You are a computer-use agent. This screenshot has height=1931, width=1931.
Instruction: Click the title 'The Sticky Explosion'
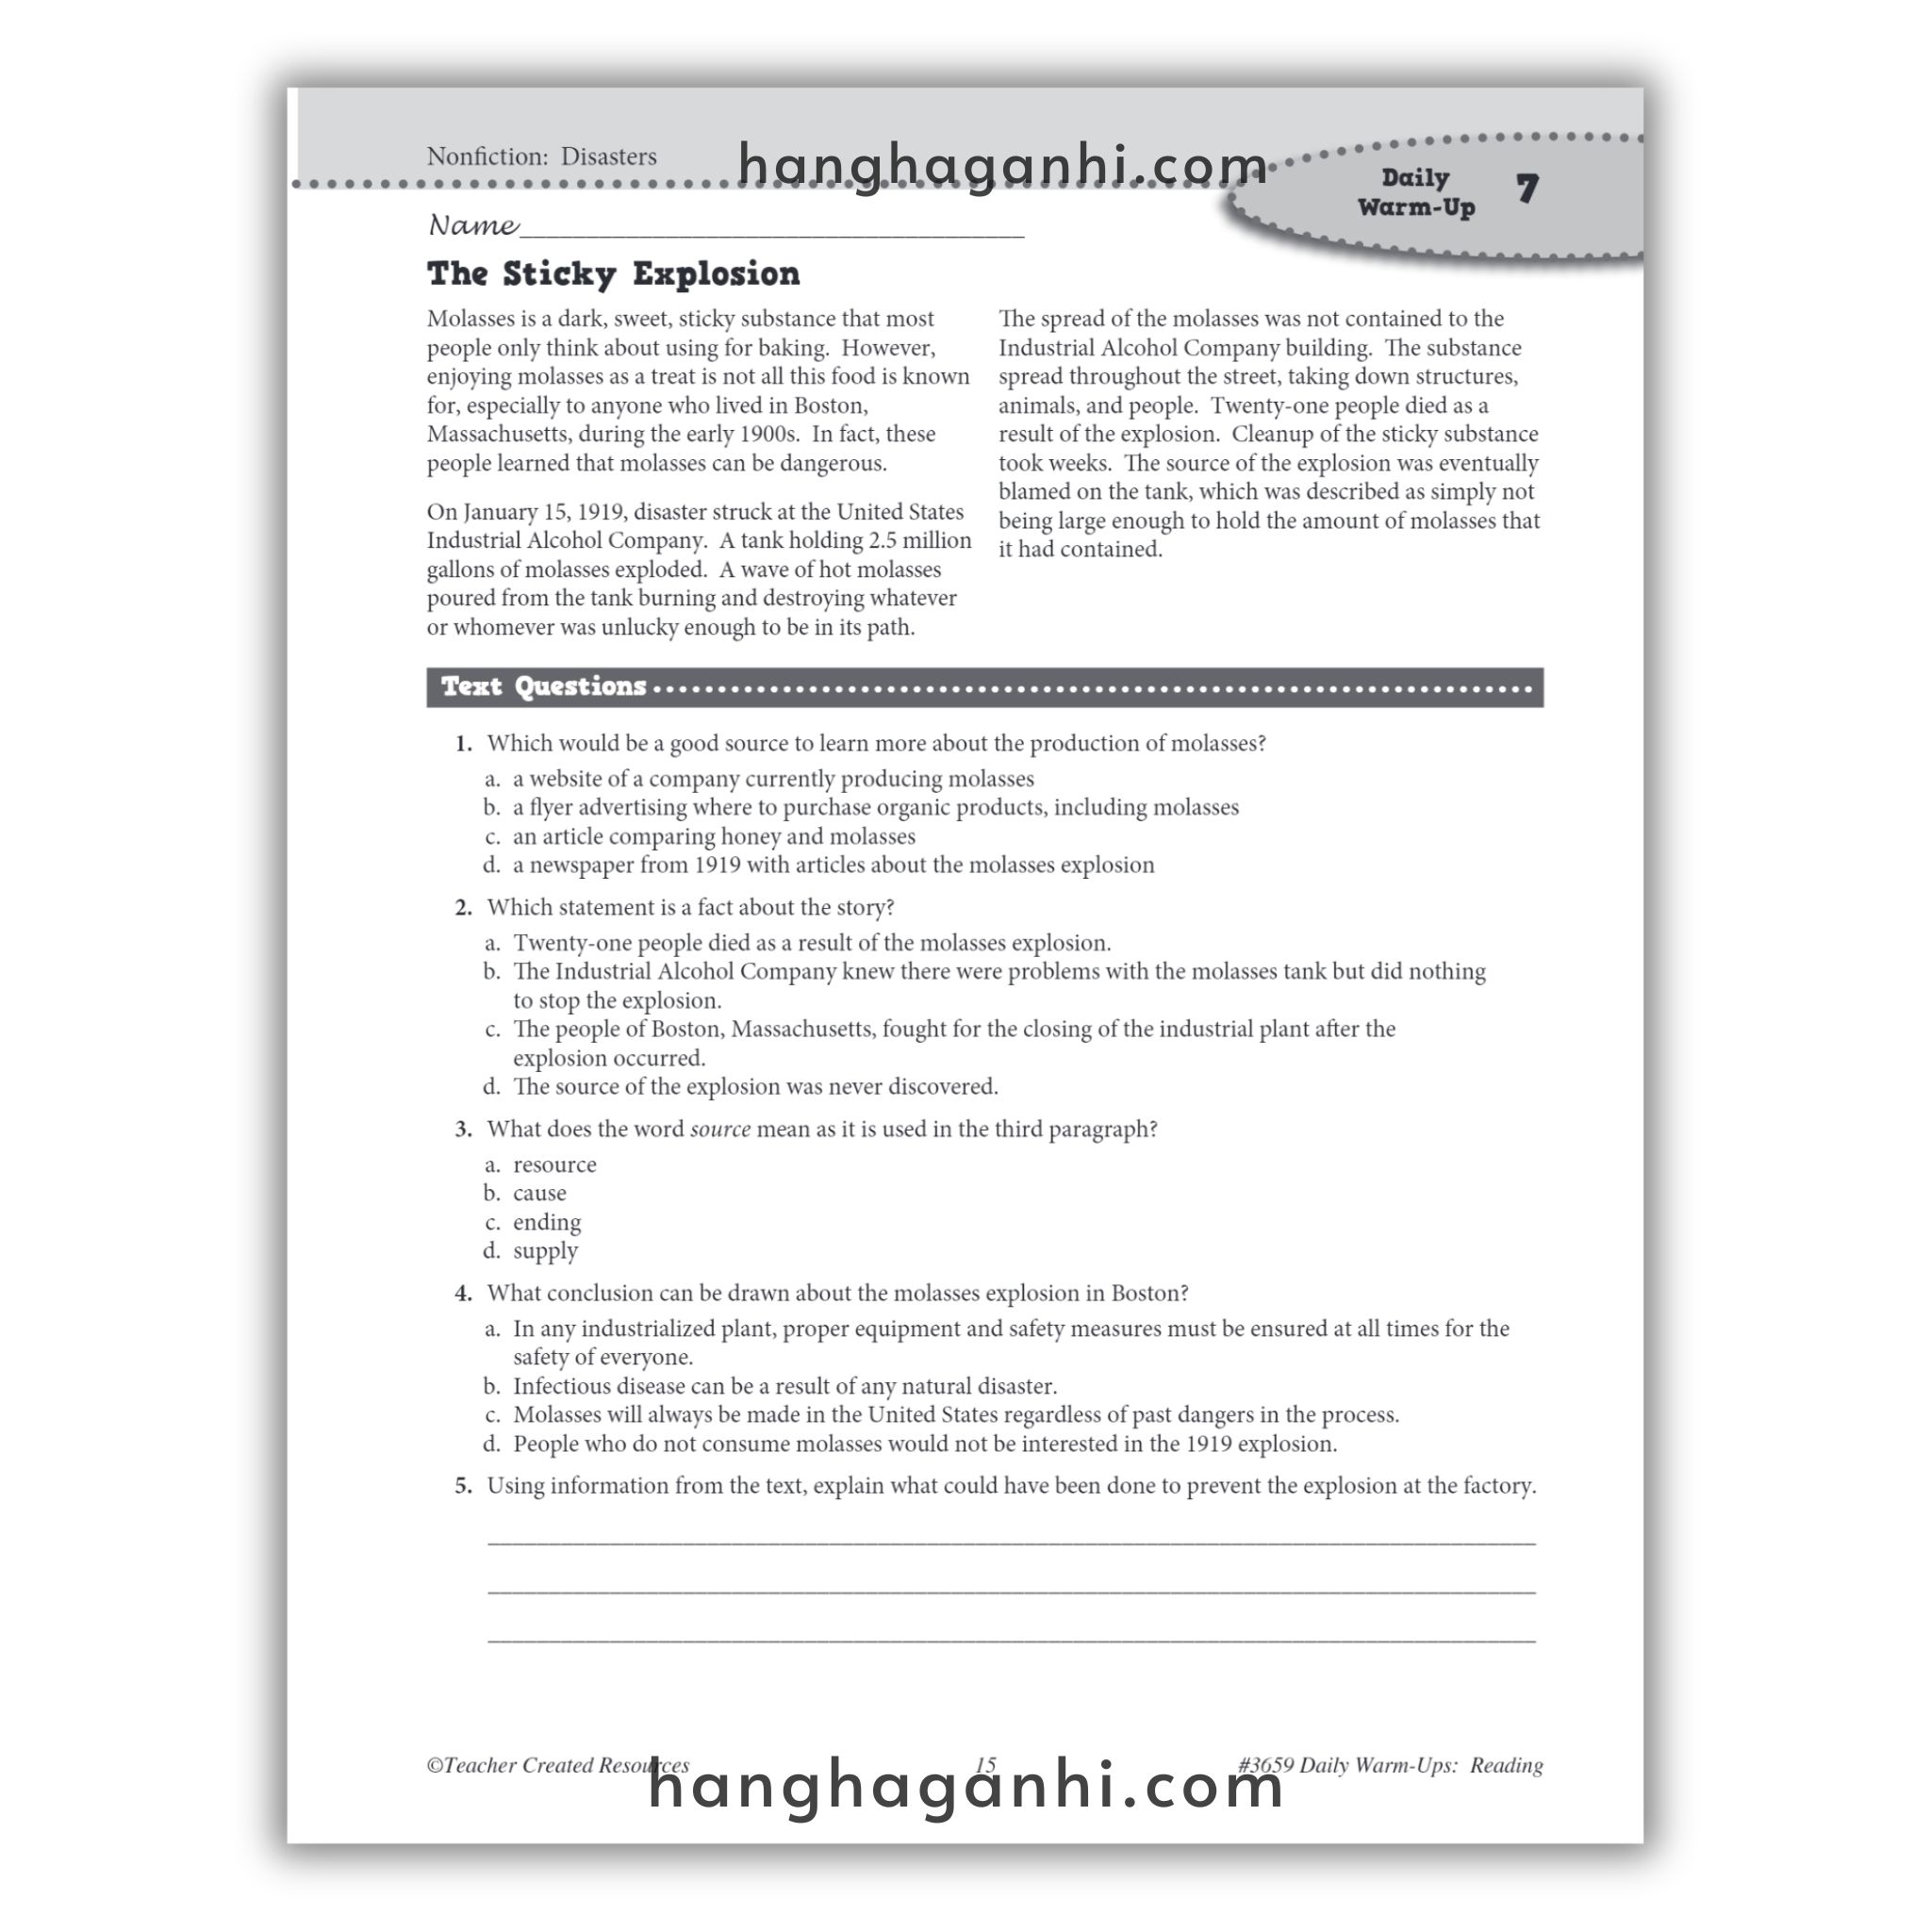pos(613,273)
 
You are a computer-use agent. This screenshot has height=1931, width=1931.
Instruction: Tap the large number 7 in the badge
pos(1527,189)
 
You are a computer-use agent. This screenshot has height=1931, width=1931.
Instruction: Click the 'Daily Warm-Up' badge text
pos(1415,192)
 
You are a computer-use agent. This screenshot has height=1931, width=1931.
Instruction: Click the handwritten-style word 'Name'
pos(472,226)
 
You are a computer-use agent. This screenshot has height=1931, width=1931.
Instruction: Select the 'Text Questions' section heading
pos(544,686)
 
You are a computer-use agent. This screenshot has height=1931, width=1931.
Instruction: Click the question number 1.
pos(463,744)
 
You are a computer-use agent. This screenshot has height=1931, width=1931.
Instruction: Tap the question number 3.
pos(463,1130)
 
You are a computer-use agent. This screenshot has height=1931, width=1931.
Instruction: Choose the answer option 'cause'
pos(538,1194)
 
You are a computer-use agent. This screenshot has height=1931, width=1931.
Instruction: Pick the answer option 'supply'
pos(545,1251)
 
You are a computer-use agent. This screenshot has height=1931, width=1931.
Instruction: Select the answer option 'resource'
pos(553,1164)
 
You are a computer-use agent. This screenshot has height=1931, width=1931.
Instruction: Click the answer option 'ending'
pos(546,1222)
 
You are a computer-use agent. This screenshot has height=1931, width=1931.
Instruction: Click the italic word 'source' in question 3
pos(719,1130)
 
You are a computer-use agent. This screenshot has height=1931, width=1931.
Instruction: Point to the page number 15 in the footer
pos(985,1793)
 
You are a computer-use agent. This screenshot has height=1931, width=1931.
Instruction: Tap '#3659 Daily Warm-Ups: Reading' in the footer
pos(1389,1793)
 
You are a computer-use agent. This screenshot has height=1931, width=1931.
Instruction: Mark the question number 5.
pos(463,1486)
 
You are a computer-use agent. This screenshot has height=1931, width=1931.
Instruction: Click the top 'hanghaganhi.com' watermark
pos(1002,165)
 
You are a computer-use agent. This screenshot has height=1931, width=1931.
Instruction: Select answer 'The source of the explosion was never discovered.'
pos(754,1086)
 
